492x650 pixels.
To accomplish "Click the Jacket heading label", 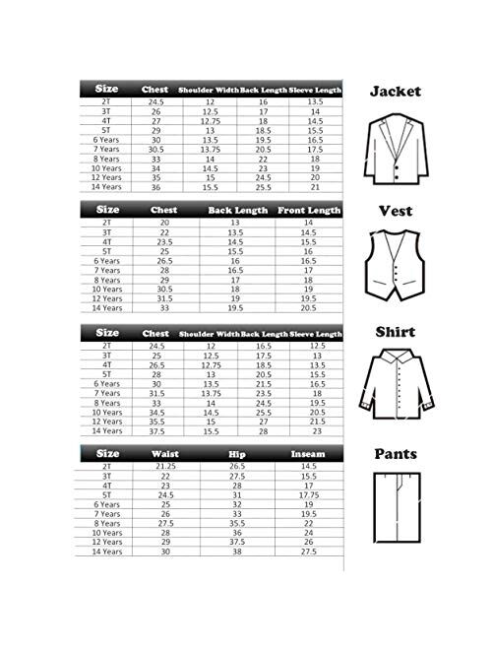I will click(396, 91).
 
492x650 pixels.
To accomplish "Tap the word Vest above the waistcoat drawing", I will click(395, 211).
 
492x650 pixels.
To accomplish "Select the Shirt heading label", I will click(395, 333).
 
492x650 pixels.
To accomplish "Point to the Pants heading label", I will click(396, 454).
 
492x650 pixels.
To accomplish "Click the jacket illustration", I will click(395, 144).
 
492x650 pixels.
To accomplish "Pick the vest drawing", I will click(395, 266).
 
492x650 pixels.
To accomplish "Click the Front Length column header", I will click(310, 210).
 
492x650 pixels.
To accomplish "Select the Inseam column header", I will click(310, 454).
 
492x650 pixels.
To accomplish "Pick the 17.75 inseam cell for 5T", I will click(310, 494).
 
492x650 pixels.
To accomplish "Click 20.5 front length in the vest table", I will click(310, 308).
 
